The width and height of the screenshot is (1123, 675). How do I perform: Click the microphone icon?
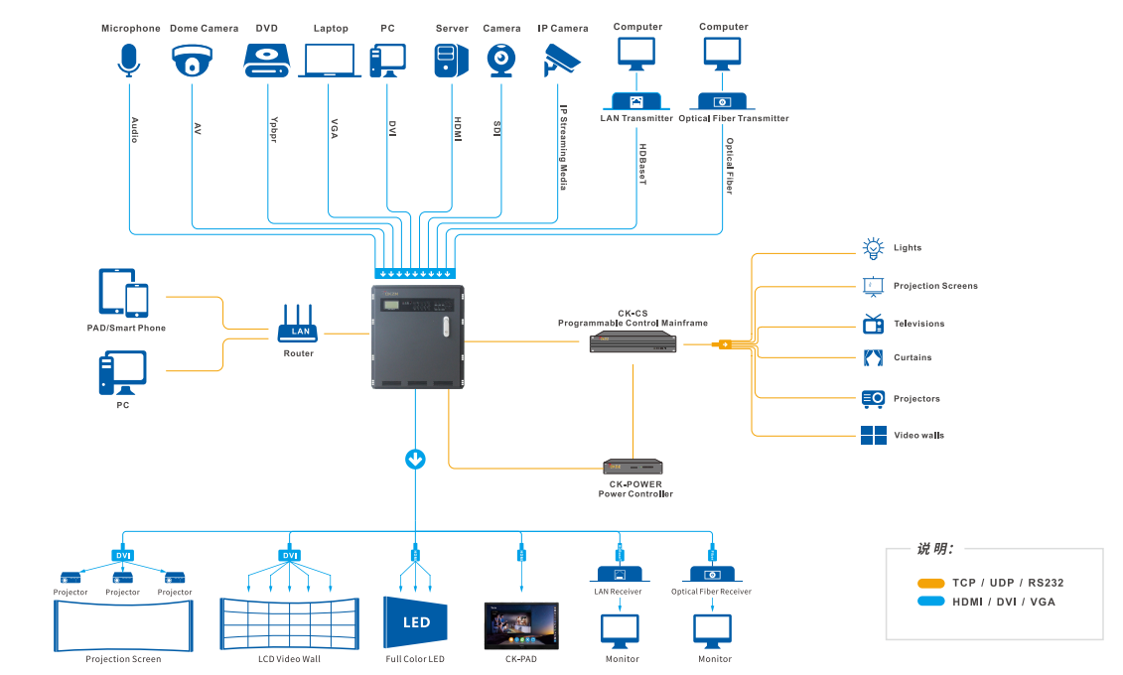coord(129,60)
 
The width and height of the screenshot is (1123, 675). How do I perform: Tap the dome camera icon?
coord(193,62)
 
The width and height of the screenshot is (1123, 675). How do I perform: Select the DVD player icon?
coord(266,62)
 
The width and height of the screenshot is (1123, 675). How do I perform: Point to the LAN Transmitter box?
coord(636,101)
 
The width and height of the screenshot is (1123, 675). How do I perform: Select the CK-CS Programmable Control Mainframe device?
coord(632,342)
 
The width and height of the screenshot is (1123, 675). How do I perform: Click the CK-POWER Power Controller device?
coord(633,467)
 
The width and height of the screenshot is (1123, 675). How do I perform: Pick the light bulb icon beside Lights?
coord(872,248)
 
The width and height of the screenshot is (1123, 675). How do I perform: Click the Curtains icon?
coord(873,357)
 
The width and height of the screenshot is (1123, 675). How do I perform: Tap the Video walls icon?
coord(873,435)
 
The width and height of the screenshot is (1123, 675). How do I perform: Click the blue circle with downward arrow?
coord(415,459)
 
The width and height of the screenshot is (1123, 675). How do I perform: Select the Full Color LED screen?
coord(416,621)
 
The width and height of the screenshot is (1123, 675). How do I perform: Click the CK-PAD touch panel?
coord(521,625)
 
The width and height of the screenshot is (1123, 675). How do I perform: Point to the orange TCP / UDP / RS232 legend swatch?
coord(930,583)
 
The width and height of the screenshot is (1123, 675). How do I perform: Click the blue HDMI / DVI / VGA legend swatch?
coord(930,602)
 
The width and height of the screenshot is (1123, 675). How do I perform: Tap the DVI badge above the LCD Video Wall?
coord(290,555)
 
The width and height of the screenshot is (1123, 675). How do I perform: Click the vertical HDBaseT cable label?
coord(642,164)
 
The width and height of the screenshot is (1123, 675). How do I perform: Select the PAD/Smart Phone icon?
coord(124,293)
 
